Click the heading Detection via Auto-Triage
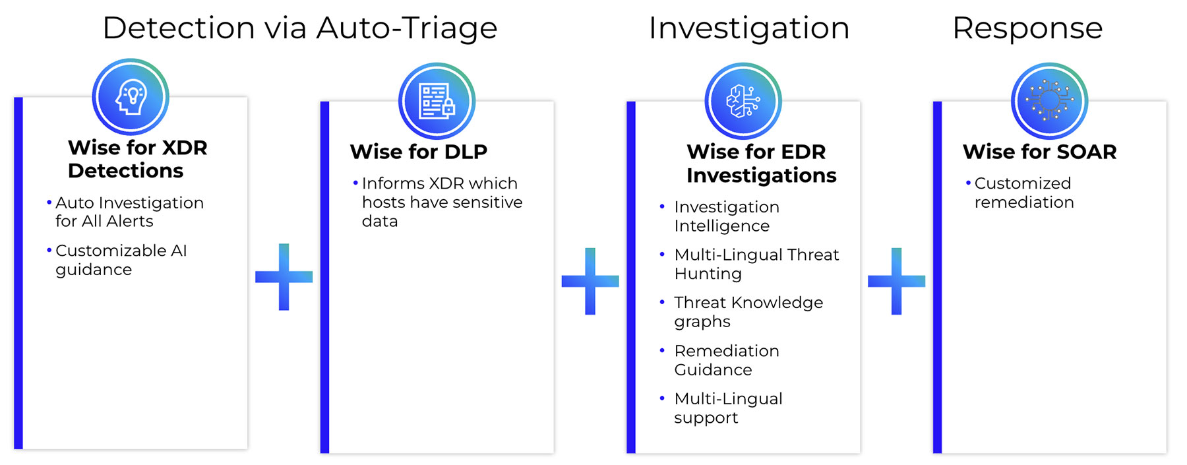click(x=300, y=28)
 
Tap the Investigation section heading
click(x=749, y=28)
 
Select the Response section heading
click(x=1027, y=28)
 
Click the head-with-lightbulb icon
click(x=131, y=97)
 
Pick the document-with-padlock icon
click(x=437, y=101)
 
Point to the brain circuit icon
click(x=743, y=101)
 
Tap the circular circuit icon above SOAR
click(x=1049, y=101)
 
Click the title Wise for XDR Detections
click(x=137, y=159)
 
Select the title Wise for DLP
click(x=419, y=152)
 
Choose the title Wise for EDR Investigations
click(x=761, y=164)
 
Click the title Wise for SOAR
click(x=1040, y=152)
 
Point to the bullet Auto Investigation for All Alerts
click(x=129, y=212)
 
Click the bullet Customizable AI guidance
click(x=121, y=260)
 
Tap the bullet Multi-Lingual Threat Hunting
click(x=756, y=264)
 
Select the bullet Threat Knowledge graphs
click(x=748, y=312)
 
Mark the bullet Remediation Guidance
click(x=727, y=360)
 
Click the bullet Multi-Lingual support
click(x=728, y=408)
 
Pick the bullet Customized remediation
click(x=1023, y=193)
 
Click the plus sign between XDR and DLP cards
click(x=284, y=277)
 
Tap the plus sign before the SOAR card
click(x=896, y=282)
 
